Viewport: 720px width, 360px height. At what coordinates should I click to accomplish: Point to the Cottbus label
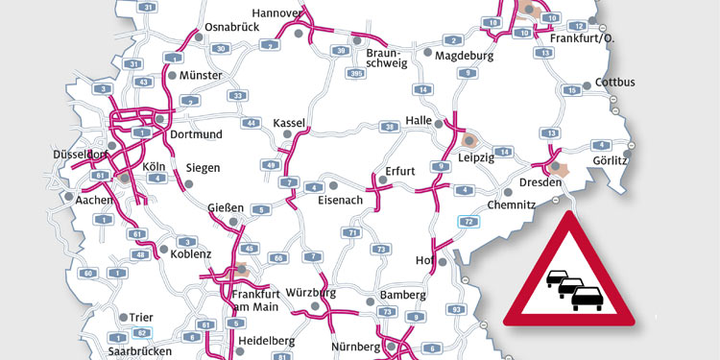[615, 82]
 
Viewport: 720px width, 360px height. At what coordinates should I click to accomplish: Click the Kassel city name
[289, 124]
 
